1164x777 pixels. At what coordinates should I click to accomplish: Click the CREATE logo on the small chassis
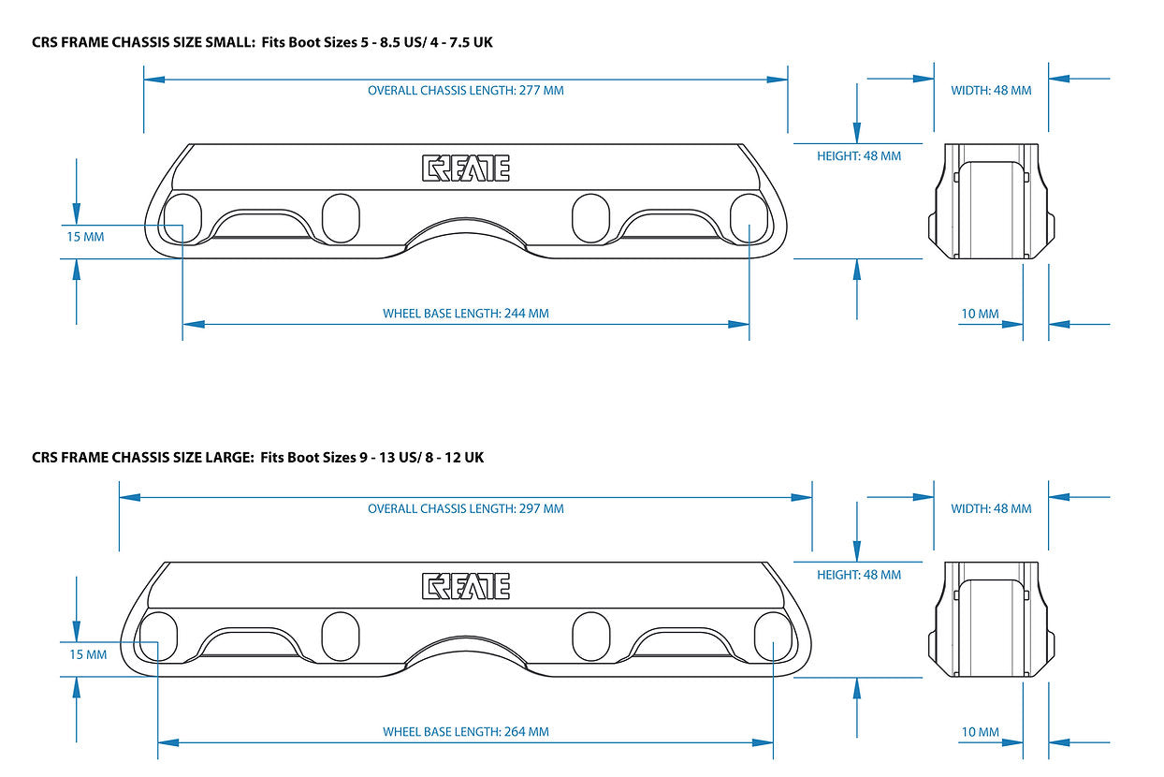pyautogui.click(x=466, y=169)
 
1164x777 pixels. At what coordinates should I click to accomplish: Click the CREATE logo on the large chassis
pyautogui.click(x=466, y=587)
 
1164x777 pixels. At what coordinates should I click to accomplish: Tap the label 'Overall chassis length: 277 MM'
pyautogui.click(x=465, y=91)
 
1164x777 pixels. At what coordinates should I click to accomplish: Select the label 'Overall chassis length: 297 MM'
pyautogui.click(x=465, y=509)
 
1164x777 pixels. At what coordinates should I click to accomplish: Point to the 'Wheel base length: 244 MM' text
pyautogui.click(x=465, y=314)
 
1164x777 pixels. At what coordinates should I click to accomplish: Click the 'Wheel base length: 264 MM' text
pyautogui.click(x=465, y=732)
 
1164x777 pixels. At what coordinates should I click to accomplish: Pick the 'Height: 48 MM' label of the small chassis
pyautogui.click(x=859, y=156)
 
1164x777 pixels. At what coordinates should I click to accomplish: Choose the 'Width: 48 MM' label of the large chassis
pyautogui.click(x=991, y=509)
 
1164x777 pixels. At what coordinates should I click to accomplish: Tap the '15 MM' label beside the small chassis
pyautogui.click(x=85, y=237)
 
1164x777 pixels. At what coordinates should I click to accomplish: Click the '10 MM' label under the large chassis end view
pyautogui.click(x=980, y=732)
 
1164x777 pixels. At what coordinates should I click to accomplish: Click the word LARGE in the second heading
pyautogui.click(x=226, y=458)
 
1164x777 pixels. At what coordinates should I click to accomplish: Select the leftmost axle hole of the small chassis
pyautogui.click(x=182, y=217)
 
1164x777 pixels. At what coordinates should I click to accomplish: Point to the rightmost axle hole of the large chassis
pyautogui.click(x=773, y=636)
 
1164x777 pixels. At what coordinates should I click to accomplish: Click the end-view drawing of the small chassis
pyautogui.click(x=991, y=201)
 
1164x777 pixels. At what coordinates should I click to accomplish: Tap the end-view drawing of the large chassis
pyautogui.click(x=991, y=620)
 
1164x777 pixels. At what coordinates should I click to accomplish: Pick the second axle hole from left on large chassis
pyautogui.click(x=340, y=636)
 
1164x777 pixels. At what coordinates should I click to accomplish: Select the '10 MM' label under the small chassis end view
pyautogui.click(x=980, y=314)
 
